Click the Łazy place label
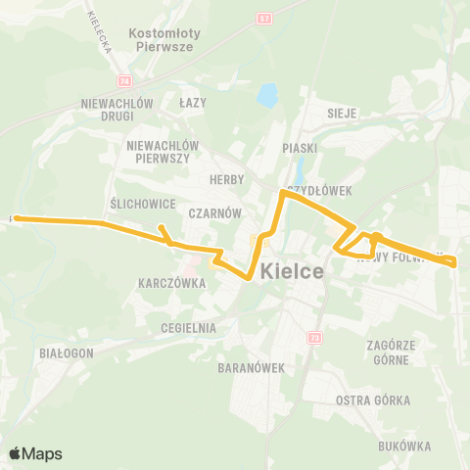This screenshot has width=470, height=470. click(193, 102)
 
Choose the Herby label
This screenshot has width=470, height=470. click(226, 180)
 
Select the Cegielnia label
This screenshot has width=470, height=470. click(190, 328)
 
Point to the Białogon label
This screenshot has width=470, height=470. click(67, 352)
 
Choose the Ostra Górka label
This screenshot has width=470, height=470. click(372, 400)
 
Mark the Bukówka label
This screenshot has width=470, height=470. click(401, 446)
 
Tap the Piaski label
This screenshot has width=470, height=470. click(300, 147)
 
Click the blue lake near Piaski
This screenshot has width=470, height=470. click(266, 96)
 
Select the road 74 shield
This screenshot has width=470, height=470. click(123, 81)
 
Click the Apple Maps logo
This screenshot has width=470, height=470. click(36, 453)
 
